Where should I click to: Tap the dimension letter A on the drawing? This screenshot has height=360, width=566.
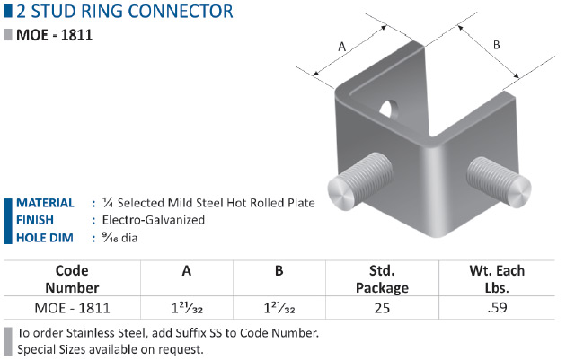340,46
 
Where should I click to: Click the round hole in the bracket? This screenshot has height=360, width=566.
387,110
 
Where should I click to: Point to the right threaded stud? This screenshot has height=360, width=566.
497,180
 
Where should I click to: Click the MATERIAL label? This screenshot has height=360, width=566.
45,203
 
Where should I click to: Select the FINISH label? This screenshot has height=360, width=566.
35,220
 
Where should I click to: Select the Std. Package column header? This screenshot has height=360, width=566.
383,279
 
